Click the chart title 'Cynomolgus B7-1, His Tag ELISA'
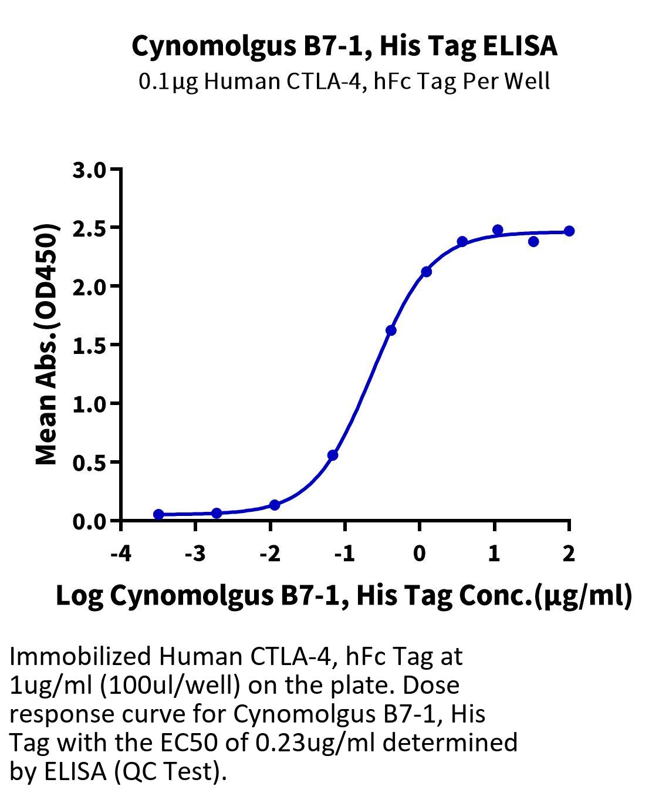pyautogui.click(x=344, y=46)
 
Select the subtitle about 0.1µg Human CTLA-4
pyautogui.click(x=344, y=82)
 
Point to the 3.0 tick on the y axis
pyautogui.click(x=89, y=171)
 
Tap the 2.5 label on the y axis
pyautogui.click(x=89, y=230)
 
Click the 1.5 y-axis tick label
pyautogui.click(x=89, y=346)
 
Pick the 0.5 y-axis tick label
pyautogui.click(x=89, y=463)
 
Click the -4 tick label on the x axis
pyautogui.click(x=121, y=554)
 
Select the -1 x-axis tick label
pyautogui.click(x=344, y=554)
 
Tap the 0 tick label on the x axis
pyautogui.click(x=420, y=554)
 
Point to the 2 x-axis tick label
pyautogui.click(x=569, y=554)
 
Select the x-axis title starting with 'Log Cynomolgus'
pyautogui.click(x=344, y=596)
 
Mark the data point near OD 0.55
pyautogui.click(x=333, y=455)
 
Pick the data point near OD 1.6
pyautogui.click(x=391, y=330)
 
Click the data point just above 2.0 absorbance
pyautogui.click(x=426, y=272)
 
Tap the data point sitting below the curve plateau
pyautogui.click(x=533, y=241)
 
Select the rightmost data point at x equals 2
pyautogui.click(x=569, y=231)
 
